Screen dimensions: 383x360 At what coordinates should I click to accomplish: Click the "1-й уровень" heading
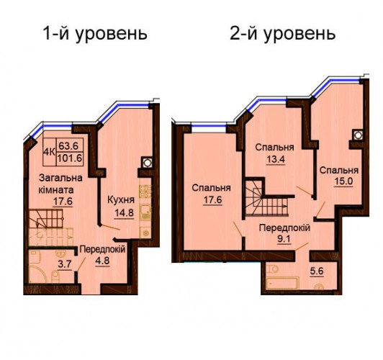pos(95,35)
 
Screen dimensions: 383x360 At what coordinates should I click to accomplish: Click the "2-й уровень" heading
pos(283,35)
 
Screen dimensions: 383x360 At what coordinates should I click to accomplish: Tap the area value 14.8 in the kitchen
pos(125,213)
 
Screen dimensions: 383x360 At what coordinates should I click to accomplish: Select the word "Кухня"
pos(121,200)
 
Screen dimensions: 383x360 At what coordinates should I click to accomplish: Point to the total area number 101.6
pos(70,158)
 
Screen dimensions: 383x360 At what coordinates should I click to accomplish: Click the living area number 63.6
pos(68,146)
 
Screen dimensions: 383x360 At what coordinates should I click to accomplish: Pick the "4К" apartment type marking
pos(49,152)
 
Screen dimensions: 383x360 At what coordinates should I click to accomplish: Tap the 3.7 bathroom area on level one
pos(65,264)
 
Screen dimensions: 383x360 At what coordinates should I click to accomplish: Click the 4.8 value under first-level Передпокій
pos(102,261)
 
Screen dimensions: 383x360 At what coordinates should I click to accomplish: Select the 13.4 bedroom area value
pos(276,159)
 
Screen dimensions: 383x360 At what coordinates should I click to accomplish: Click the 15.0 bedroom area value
pos(343,181)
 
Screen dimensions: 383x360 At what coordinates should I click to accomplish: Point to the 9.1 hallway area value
pos(284,239)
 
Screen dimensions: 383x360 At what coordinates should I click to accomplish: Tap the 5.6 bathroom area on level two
pos(317,271)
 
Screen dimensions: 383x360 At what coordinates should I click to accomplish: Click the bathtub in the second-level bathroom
pos(282,283)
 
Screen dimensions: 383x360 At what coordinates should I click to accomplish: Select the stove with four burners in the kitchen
pos(145,192)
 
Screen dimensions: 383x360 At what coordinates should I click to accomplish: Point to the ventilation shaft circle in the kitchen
pos(147,162)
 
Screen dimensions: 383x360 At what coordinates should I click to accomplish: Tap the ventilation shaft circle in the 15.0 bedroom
pos(358,135)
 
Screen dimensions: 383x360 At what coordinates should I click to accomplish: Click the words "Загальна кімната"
pos(60,184)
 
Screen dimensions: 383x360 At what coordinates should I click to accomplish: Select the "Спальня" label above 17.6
pos(211,188)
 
